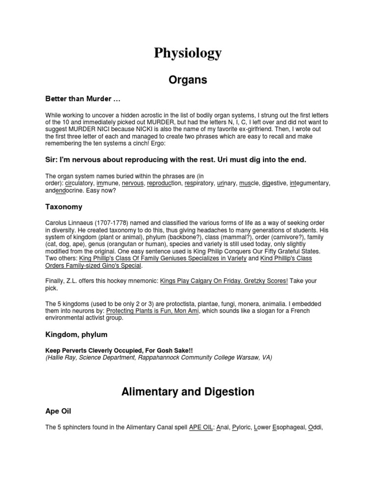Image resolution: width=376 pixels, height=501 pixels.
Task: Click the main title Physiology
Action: click(x=188, y=53)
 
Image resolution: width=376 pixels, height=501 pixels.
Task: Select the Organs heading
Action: click(x=188, y=80)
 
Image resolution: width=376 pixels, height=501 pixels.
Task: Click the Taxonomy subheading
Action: click(x=64, y=207)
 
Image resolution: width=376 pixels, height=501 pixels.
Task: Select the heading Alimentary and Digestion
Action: click(x=188, y=391)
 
